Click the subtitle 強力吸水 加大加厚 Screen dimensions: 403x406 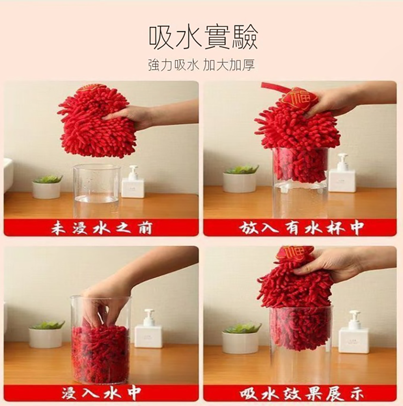tap(201, 65)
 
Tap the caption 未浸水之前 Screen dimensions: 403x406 tap(102, 228)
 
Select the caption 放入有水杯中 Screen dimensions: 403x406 tap(301, 228)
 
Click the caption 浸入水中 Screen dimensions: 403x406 tap(101, 393)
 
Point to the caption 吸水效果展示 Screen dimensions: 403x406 tap(301, 393)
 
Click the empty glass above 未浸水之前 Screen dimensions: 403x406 tap(97, 190)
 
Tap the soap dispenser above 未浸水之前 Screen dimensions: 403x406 tap(132, 182)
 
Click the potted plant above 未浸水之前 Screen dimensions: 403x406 tap(47, 187)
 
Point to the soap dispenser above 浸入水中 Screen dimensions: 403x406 tap(148, 329)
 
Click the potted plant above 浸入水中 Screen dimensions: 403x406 tap(46, 334)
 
